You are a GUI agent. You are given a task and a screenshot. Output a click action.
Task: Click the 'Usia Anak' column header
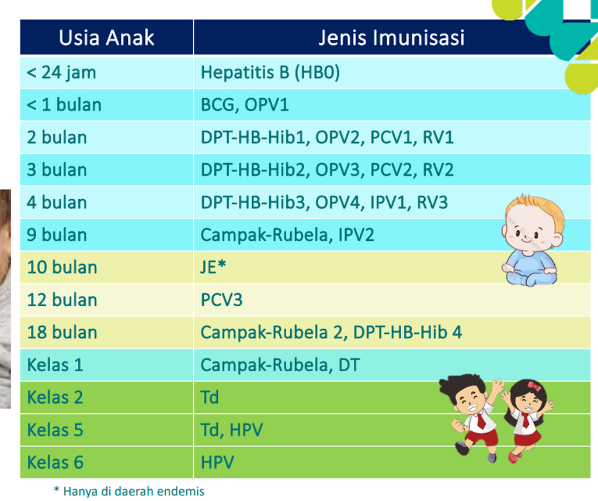[106, 38]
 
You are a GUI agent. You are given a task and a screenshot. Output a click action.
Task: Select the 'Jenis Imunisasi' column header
[391, 38]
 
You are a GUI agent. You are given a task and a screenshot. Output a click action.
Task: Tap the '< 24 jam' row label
[61, 72]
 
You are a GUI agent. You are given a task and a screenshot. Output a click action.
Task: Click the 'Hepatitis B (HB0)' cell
[270, 72]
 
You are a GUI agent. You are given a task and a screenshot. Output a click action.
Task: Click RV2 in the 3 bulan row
[438, 170]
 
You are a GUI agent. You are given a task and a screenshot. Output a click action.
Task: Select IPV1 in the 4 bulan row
[389, 202]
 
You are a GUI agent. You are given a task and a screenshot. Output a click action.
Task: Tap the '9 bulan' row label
[57, 235]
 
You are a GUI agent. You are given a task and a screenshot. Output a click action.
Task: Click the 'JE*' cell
[213, 267]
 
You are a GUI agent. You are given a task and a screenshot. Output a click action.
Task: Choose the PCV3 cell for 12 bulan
[221, 300]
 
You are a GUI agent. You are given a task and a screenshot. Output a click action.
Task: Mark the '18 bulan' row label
[62, 332]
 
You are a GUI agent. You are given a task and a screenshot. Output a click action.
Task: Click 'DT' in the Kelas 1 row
[349, 365]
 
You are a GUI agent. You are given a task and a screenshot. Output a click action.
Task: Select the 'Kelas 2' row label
[55, 398]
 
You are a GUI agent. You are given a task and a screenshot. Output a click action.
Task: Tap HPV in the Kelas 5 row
[246, 430]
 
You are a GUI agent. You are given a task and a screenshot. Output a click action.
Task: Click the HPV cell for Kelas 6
[217, 462]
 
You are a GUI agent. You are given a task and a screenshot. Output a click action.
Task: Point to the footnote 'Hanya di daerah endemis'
[134, 491]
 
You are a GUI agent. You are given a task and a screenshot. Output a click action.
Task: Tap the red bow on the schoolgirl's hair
[534, 386]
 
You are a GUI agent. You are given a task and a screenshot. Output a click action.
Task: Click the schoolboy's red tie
[481, 420]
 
